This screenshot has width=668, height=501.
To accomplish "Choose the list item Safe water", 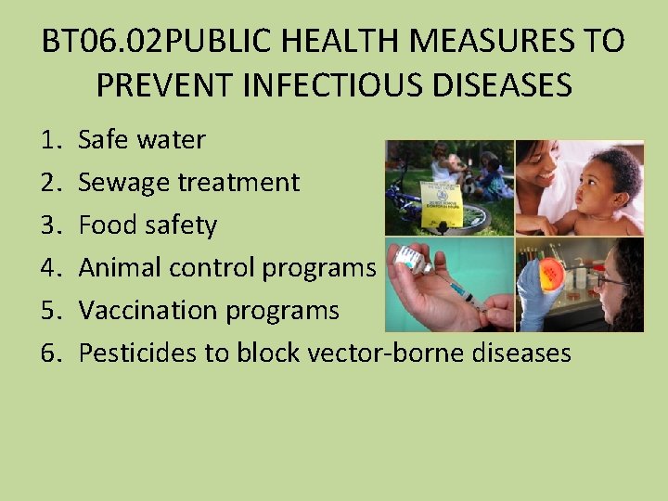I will [x=142, y=140].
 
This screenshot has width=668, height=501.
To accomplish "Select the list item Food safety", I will [x=148, y=225].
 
